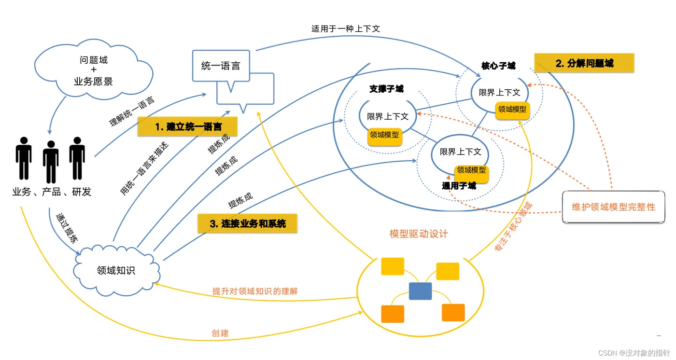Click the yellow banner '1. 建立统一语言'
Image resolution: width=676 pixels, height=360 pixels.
tap(188, 126)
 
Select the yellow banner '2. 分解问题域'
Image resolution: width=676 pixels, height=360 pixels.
tap(584, 63)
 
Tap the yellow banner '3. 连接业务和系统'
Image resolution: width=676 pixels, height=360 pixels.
tap(247, 223)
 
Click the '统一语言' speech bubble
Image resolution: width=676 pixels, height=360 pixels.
tap(221, 66)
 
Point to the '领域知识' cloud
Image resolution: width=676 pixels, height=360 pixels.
tap(116, 270)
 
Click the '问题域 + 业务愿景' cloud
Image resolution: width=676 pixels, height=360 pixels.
tap(94, 70)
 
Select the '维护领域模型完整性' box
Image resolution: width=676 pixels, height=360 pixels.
tap(614, 207)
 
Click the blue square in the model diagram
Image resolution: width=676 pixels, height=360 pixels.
tap(420, 291)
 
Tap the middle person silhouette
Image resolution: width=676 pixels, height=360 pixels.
tap(51, 162)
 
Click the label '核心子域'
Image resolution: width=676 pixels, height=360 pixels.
tap(498, 66)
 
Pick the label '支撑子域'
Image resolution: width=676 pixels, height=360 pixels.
tap(386, 89)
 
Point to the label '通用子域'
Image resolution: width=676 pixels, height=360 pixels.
tap(459, 186)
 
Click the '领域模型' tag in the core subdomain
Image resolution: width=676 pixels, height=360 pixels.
tap(512, 110)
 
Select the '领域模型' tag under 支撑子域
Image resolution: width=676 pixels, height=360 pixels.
tap(384, 135)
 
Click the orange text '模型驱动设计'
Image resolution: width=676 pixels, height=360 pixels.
tap(419, 234)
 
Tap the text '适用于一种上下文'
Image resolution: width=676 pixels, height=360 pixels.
tap(346, 28)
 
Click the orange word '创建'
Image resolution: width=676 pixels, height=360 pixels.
tap(220, 333)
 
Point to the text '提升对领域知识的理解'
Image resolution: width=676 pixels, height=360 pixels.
tap(255, 291)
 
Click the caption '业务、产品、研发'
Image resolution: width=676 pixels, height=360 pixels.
tap(52, 192)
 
